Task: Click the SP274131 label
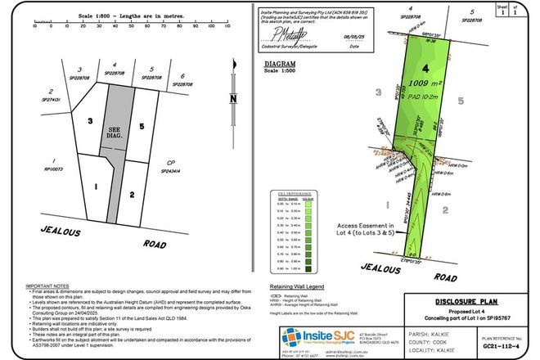click(x=53, y=99)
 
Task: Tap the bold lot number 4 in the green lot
click(x=425, y=69)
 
